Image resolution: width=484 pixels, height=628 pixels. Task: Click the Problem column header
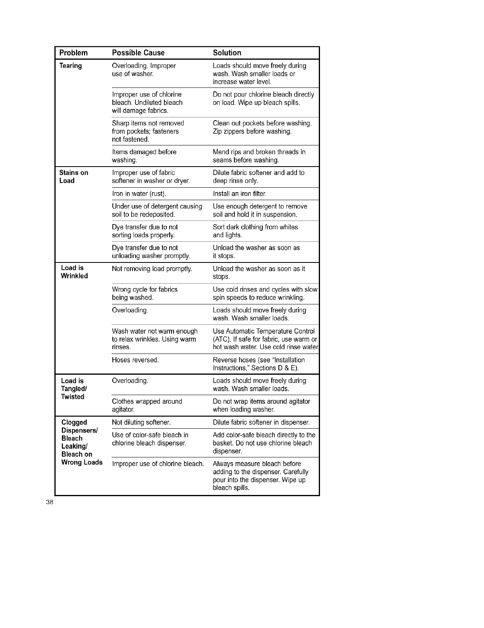pyautogui.click(x=73, y=53)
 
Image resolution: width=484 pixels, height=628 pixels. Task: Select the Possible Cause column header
pyautogui.click(x=138, y=53)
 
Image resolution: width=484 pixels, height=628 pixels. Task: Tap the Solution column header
pyautogui.click(x=227, y=53)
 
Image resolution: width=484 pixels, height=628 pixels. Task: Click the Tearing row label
pyautogui.click(x=70, y=66)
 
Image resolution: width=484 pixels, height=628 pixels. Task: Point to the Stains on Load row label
pyautogui.click(x=74, y=177)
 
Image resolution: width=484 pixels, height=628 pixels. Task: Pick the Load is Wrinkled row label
pyautogui.click(x=74, y=272)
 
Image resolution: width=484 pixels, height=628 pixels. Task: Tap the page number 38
pyautogui.click(x=49, y=503)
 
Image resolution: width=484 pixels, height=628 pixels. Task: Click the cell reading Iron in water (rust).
pyautogui.click(x=139, y=194)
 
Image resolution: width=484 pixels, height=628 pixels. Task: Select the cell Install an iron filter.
pyautogui.click(x=239, y=194)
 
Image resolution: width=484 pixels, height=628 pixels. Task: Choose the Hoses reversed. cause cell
pyautogui.click(x=135, y=360)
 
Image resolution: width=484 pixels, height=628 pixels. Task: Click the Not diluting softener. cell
pyautogui.click(x=141, y=422)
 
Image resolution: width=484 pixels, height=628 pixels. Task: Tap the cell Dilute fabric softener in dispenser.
pyautogui.click(x=261, y=422)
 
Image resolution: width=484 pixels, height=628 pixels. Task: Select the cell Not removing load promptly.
pyautogui.click(x=152, y=269)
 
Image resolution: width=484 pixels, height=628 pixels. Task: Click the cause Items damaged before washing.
pyautogui.click(x=144, y=156)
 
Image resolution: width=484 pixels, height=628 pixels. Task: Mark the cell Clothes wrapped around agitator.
pyautogui.click(x=147, y=405)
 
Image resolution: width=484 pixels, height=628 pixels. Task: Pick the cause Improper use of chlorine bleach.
pyautogui.click(x=158, y=464)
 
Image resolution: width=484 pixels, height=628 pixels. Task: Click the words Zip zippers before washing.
pyautogui.click(x=252, y=131)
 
